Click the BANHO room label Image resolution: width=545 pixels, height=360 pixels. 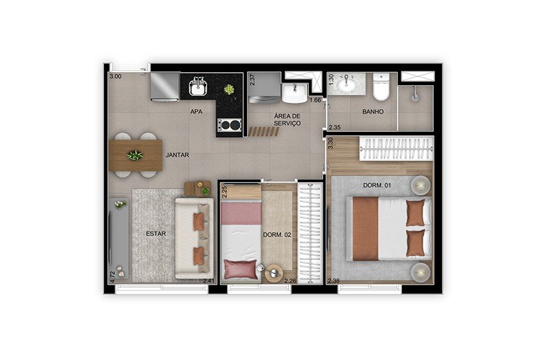point(373,112)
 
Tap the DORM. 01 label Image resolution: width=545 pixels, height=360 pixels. point(377,185)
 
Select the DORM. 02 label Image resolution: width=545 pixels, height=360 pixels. point(277,235)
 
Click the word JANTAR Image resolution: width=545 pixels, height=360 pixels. point(178,155)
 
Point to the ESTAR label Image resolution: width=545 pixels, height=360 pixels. point(155,234)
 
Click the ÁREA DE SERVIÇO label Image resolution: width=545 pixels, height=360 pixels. point(287,120)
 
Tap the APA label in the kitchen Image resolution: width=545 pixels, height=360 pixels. point(196,112)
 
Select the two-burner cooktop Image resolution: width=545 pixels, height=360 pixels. point(230,125)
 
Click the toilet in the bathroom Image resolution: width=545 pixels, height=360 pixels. point(381,87)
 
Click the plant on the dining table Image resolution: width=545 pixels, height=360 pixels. point(135,155)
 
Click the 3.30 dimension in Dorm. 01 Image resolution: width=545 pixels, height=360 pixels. point(330,144)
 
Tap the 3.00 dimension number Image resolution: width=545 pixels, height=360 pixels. point(116,77)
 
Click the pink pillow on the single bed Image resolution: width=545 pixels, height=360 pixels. point(240,269)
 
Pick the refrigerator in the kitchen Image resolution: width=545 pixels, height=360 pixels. point(165,87)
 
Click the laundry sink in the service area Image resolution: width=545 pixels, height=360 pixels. point(295,93)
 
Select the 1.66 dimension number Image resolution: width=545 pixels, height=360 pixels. point(315,100)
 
